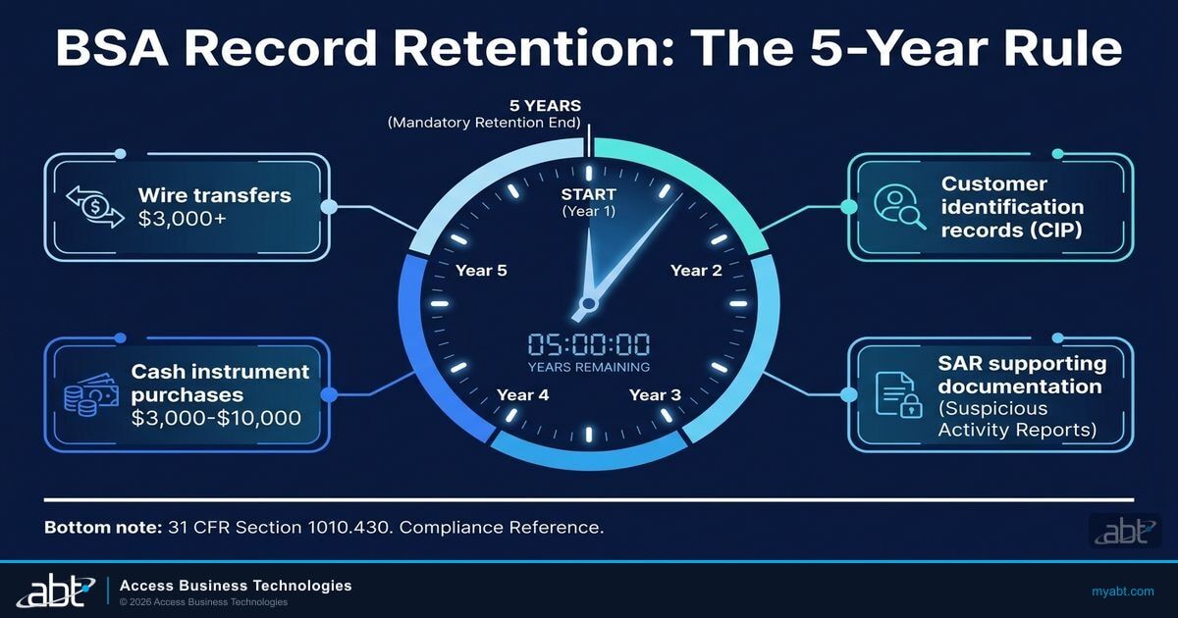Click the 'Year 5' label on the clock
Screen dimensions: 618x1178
click(x=481, y=271)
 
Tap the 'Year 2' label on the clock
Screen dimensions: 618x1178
click(x=696, y=271)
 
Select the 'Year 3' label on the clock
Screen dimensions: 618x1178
click(x=655, y=394)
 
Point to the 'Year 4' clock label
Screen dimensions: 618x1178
click(x=522, y=394)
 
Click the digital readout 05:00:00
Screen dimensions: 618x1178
click(x=588, y=344)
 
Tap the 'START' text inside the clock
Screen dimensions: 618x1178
click(x=588, y=193)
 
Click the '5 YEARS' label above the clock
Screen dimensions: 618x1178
click(x=545, y=105)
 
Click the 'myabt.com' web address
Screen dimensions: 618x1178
click(x=1122, y=591)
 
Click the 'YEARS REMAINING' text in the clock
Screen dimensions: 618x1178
click(x=588, y=368)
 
